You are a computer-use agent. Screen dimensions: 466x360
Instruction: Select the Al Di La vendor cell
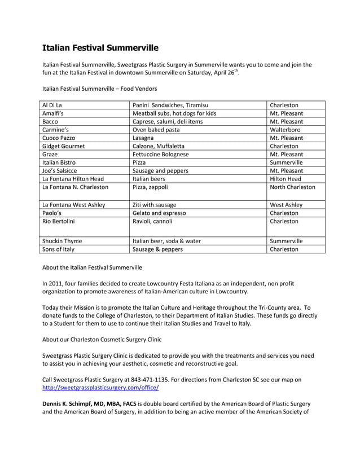pyautogui.click(x=52, y=105)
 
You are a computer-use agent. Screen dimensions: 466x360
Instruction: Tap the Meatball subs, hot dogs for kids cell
pyautogui.click(x=174, y=113)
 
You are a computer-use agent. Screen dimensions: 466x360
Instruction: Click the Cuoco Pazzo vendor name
pyautogui.click(x=59, y=138)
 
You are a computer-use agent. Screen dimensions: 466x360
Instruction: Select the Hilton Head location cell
pyautogui.click(x=286, y=179)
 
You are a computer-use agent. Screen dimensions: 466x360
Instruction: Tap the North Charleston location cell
pyautogui.click(x=292, y=187)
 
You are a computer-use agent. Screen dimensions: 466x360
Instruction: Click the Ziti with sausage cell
pyautogui.click(x=154, y=205)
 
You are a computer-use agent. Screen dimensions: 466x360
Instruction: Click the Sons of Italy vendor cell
pyautogui.click(x=59, y=249)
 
